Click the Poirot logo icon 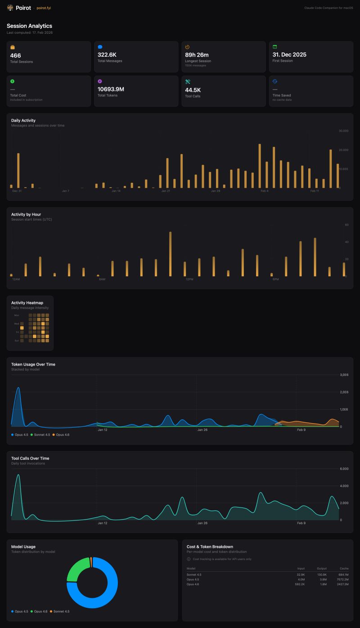click(x=10, y=8)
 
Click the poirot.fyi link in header click(x=44, y=8)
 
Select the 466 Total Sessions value click(x=15, y=55)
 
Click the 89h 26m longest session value click(x=197, y=54)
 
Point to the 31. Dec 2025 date click(x=289, y=54)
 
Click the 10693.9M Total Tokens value click(x=111, y=89)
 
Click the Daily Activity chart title click(x=23, y=120)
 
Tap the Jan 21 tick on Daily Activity click(x=166, y=191)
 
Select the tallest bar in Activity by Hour click(x=170, y=254)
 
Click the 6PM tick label click(x=275, y=280)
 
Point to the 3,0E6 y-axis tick click(x=344, y=375)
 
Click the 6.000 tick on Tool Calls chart click(x=344, y=469)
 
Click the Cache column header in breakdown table click(x=344, y=569)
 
